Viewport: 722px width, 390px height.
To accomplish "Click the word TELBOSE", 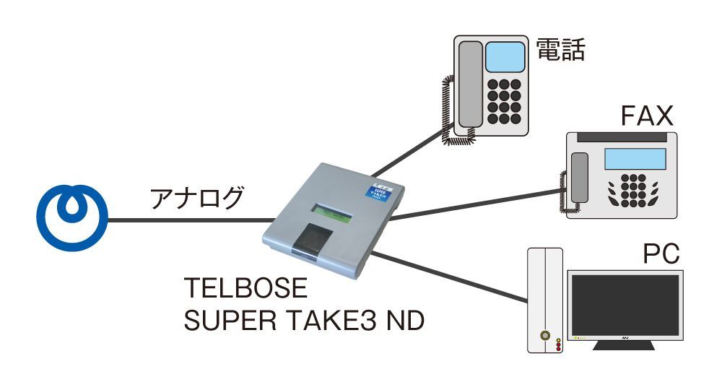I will tap(246, 289).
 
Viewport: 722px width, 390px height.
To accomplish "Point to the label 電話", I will tap(560, 50).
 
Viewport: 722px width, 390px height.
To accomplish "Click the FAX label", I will tap(647, 116).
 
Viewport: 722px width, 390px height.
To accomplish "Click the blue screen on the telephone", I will tap(505, 56).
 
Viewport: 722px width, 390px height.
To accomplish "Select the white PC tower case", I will tap(545, 300).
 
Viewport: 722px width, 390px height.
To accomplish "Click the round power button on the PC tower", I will tap(545, 336).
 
